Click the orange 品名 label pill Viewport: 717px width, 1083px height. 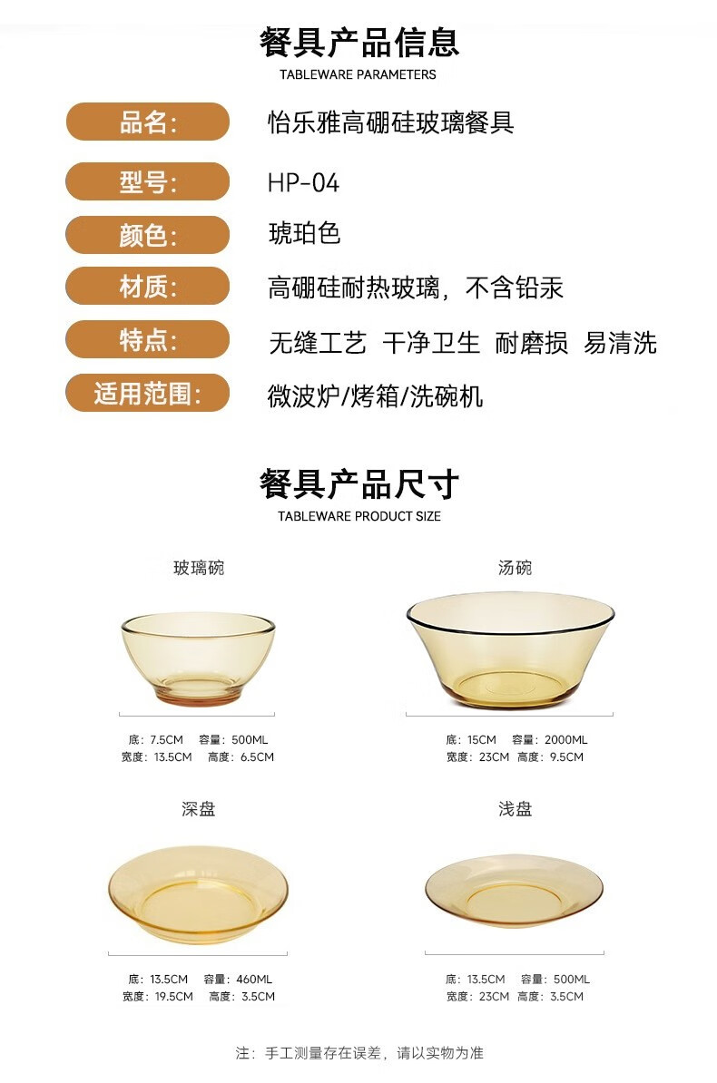(147, 122)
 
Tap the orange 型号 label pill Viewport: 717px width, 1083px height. (147, 181)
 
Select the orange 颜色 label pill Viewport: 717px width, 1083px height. (147, 235)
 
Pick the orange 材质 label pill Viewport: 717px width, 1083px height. (147, 286)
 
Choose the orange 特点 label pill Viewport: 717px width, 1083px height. (147, 339)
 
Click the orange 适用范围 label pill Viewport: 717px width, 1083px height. (147, 393)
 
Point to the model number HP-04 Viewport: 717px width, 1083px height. (303, 183)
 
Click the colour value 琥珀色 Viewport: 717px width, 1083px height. (304, 233)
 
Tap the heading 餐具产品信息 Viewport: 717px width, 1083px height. (358, 42)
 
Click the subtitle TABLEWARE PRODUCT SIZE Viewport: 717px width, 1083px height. (358, 516)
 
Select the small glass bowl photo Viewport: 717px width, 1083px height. (199, 659)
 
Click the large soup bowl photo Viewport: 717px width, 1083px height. (510, 650)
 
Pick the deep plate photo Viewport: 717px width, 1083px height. (198, 894)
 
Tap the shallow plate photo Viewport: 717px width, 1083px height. (514, 891)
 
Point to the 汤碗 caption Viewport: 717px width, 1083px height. (516, 568)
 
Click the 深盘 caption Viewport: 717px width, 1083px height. (199, 809)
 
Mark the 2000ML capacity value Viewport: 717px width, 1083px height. (565, 740)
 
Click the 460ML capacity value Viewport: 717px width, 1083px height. (254, 980)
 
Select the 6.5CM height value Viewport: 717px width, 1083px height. (257, 757)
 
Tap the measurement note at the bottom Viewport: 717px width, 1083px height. (358, 1053)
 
